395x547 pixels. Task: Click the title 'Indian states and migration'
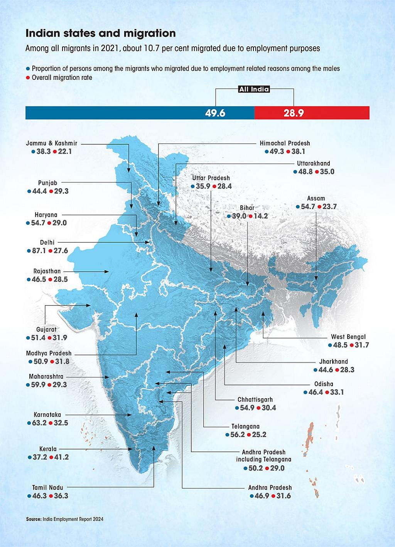(100, 34)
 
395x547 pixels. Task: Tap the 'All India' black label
(254, 89)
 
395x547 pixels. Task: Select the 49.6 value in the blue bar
(215, 113)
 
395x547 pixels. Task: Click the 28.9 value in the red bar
(294, 113)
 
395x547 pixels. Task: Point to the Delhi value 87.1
(39, 251)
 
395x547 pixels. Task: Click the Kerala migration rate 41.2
(61, 458)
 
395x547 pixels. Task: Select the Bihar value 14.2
(260, 216)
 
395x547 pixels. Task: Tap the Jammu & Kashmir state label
(52, 143)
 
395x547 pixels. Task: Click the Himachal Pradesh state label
(285, 143)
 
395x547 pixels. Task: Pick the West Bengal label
(348, 337)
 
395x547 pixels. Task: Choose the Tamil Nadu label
(47, 488)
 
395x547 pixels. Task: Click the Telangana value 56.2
(238, 435)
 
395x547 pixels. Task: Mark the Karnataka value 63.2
(39, 423)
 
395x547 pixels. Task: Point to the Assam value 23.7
(329, 207)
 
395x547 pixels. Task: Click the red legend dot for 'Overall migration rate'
(28, 78)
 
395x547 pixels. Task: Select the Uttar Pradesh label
(211, 178)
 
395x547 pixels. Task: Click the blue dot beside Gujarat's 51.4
(28, 338)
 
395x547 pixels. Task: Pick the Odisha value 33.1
(336, 392)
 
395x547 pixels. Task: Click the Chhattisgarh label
(255, 400)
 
